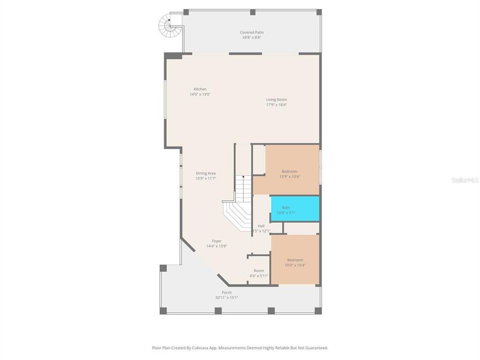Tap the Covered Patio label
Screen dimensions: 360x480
pos(251,32)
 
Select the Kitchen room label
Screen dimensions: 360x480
pos(200,89)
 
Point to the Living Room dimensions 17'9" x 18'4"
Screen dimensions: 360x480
pos(276,105)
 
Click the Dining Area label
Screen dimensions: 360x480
pos(205,173)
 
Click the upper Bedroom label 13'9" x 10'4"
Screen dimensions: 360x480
pos(289,171)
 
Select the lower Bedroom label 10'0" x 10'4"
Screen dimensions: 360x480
pos(295,260)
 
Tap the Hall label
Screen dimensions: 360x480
pos(261,226)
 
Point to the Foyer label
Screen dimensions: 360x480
pos(216,241)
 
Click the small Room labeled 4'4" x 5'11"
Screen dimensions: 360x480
pos(258,270)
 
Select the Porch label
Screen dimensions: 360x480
pos(226,292)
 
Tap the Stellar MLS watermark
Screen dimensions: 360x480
pos(464,179)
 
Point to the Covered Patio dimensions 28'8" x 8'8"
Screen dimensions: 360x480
pos(251,37)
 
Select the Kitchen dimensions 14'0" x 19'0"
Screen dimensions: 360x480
pos(200,94)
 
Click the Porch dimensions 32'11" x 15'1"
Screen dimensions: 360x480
pos(226,297)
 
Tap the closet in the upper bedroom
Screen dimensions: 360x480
pos(258,160)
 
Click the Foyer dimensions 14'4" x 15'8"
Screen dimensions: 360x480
pos(216,246)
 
